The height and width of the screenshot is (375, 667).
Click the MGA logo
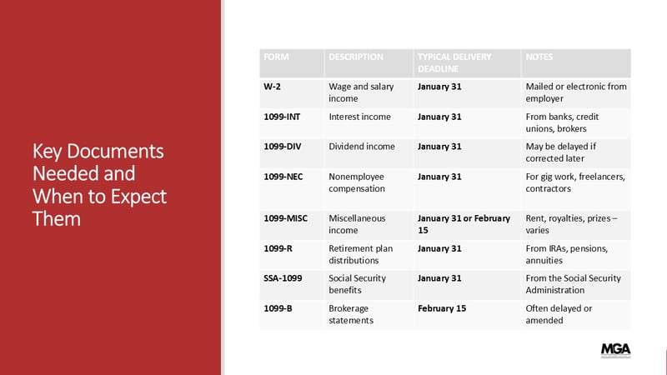[x=615, y=350]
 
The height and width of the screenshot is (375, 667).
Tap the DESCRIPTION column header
[x=356, y=57]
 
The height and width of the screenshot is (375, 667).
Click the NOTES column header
[x=539, y=57]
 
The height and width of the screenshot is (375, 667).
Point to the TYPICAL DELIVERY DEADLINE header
[x=454, y=63]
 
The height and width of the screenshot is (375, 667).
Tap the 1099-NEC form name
[x=283, y=177]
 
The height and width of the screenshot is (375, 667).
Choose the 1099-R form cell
[x=278, y=248]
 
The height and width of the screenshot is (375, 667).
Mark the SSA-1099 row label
[x=283, y=278]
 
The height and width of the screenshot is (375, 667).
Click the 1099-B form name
[x=278, y=308]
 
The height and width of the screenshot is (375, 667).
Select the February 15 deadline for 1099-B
[x=442, y=308]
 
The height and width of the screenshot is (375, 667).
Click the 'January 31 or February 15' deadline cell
[x=464, y=224]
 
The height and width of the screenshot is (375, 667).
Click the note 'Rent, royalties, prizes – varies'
[x=571, y=224]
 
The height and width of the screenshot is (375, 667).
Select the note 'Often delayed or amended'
[x=559, y=314]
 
